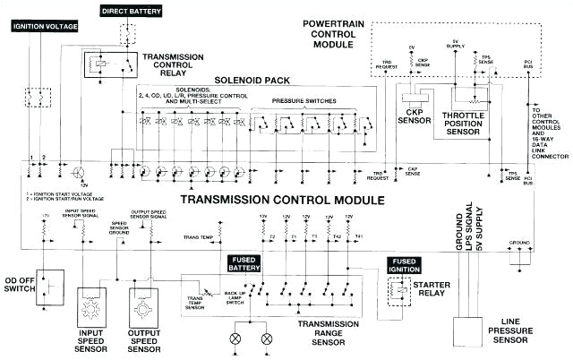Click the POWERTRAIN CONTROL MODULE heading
(432, 29)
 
